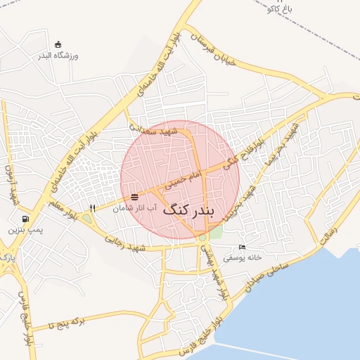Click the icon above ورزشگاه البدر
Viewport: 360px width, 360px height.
click(58, 44)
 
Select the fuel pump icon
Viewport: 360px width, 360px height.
click(26, 219)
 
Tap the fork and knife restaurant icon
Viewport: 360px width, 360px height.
click(92, 208)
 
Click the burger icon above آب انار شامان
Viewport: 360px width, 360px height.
click(135, 196)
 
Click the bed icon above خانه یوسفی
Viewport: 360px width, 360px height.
click(243, 247)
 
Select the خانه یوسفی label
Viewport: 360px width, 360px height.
click(243, 257)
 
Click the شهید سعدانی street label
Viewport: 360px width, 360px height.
click(160, 130)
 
